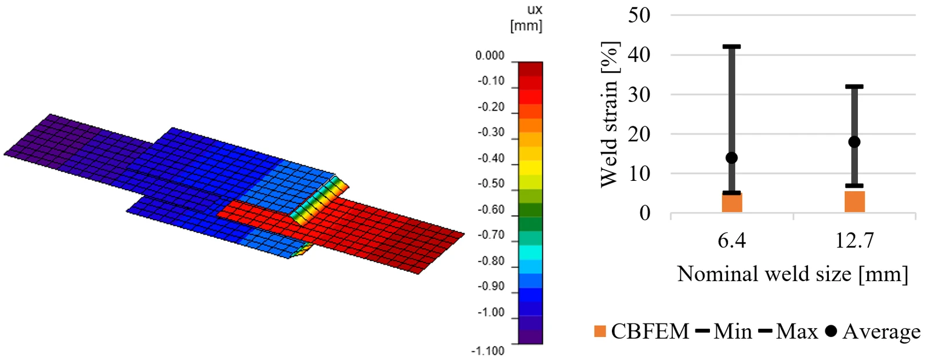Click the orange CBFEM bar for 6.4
point(731,202)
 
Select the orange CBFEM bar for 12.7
point(854,202)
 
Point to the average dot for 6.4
point(731,158)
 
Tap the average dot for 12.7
point(854,142)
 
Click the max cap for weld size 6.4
point(731,46)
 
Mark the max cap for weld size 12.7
point(854,86)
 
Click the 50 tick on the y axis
point(639,15)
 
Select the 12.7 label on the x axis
point(854,240)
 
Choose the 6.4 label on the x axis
point(731,240)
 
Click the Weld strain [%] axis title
point(610,114)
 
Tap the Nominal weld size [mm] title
point(792,274)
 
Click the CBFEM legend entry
point(641,332)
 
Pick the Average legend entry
point(873,332)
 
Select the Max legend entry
point(788,332)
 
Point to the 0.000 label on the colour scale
point(490,56)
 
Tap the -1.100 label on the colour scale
point(488,351)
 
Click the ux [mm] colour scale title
point(526,18)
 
